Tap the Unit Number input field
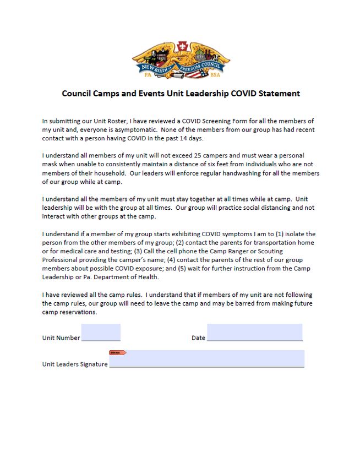(x=101, y=333)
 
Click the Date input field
(x=254, y=333)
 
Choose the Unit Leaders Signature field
(x=206, y=359)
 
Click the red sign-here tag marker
(x=117, y=352)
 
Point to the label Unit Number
(x=61, y=338)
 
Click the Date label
(x=198, y=338)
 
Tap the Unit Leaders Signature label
(x=75, y=364)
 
